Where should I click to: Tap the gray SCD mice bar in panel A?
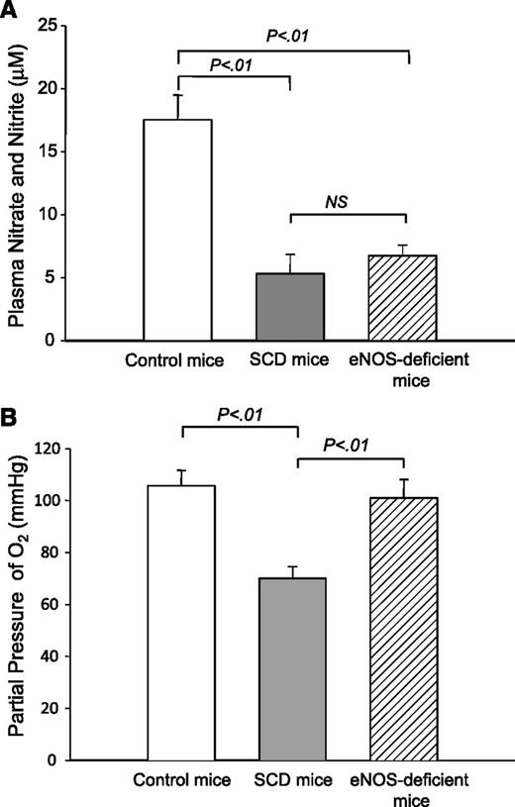point(291,307)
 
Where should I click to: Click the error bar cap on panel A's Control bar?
point(178,95)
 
